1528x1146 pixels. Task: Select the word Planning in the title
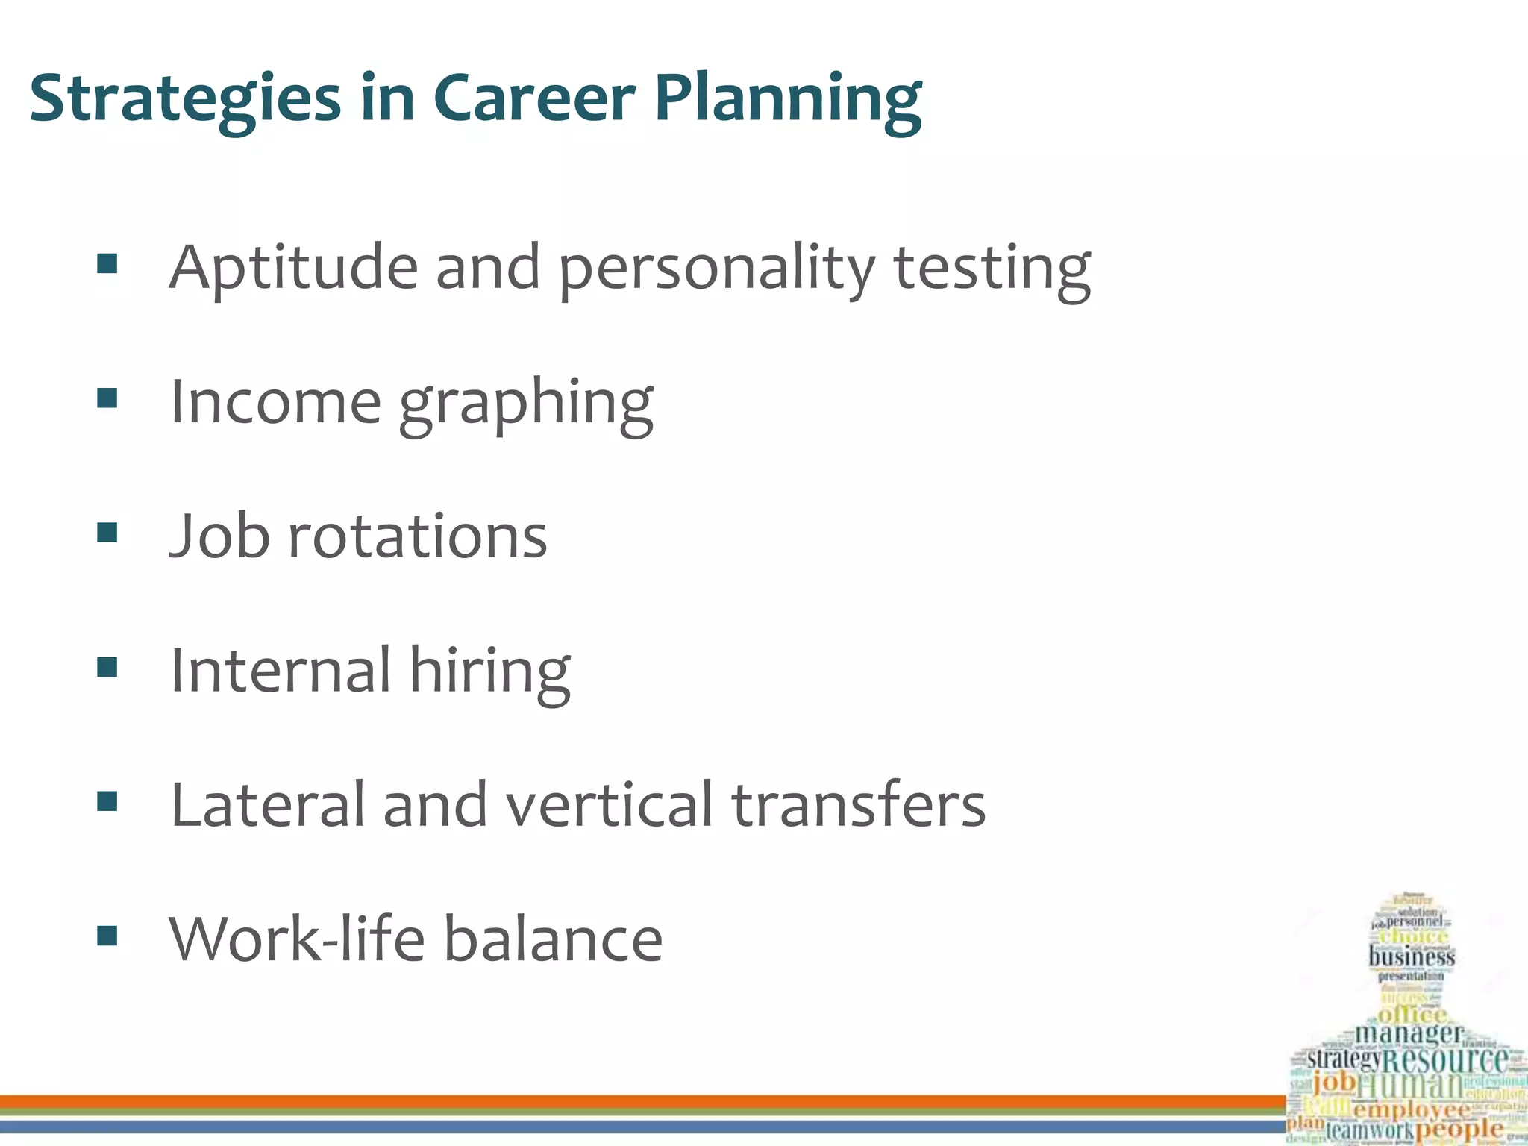click(x=788, y=99)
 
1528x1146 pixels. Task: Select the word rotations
click(x=418, y=536)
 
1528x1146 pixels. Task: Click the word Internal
click(x=281, y=670)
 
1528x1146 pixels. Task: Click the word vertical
click(x=609, y=804)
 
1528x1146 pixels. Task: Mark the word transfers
click(x=859, y=804)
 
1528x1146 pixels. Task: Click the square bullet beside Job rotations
click(x=107, y=533)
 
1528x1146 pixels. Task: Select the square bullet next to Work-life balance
click(x=107, y=936)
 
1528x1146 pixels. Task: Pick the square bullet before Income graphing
click(x=107, y=398)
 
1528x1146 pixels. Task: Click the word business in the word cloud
click(x=1412, y=956)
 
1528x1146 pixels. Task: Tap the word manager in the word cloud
click(x=1409, y=1034)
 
